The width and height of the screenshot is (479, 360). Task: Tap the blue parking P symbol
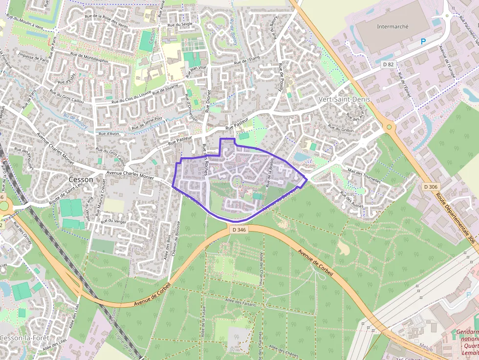tap(423, 42)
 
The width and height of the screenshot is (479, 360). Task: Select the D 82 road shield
tap(388, 64)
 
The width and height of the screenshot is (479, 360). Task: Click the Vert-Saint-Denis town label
tap(344, 99)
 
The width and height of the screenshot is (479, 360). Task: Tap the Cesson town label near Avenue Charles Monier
tap(81, 179)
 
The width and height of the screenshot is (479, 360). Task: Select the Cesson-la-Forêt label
tap(23, 338)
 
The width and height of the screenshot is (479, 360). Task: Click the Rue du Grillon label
tap(341, 128)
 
